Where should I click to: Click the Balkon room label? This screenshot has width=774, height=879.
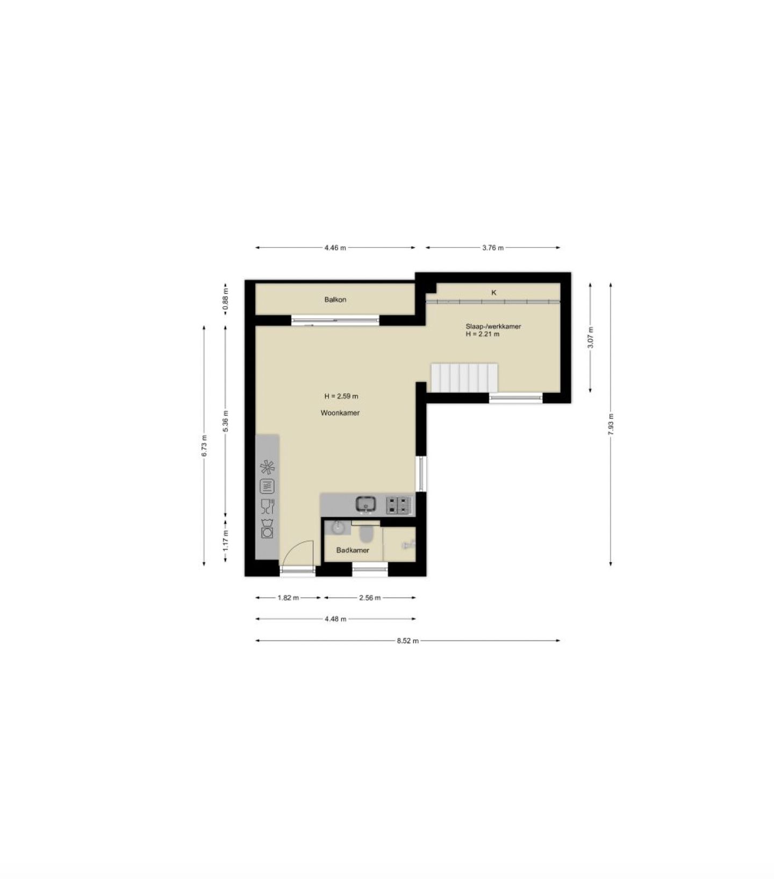pyautogui.click(x=335, y=299)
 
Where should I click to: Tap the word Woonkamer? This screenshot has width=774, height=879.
pyautogui.click(x=340, y=413)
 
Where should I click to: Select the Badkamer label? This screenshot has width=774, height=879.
pyautogui.click(x=353, y=550)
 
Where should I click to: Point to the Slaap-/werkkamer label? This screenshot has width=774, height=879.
pyautogui.click(x=493, y=326)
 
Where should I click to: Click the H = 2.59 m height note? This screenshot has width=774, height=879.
pyautogui.click(x=341, y=396)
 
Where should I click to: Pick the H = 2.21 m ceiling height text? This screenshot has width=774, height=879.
pyautogui.click(x=483, y=334)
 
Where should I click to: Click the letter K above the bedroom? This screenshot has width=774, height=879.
pyautogui.click(x=494, y=292)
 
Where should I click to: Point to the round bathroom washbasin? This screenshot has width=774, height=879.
pyautogui.click(x=338, y=527)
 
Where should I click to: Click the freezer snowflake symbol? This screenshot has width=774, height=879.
pyautogui.click(x=267, y=467)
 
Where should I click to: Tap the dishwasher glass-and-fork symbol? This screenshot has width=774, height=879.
pyautogui.click(x=267, y=506)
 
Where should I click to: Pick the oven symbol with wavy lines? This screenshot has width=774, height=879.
pyautogui.click(x=267, y=487)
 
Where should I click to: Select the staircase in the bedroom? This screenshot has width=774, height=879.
pyautogui.click(x=464, y=377)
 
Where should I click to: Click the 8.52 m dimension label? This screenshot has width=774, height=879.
pyautogui.click(x=407, y=640)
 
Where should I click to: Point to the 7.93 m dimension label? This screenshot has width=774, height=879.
pyautogui.click(x=611, y=424)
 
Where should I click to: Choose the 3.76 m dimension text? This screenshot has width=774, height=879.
pyautogui.click(x=493, y=248)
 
